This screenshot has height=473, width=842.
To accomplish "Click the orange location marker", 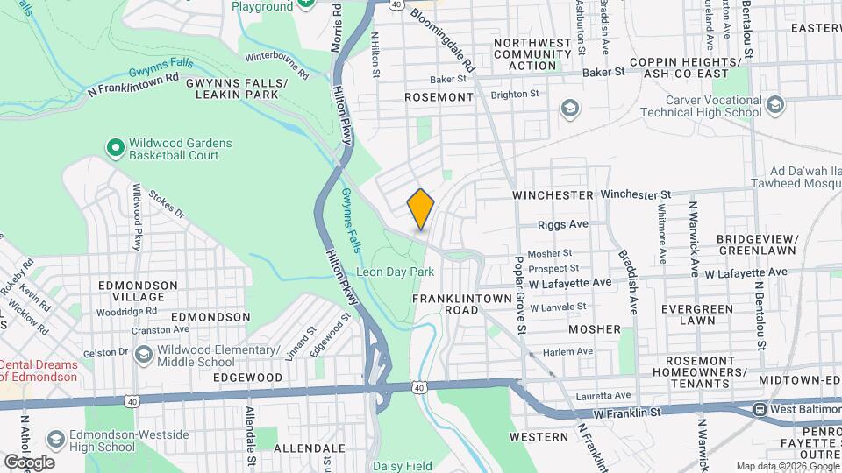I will point(421,209).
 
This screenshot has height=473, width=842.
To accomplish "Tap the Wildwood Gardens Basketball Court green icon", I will point(114,149).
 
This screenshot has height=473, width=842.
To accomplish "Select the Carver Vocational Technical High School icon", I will point(774,105).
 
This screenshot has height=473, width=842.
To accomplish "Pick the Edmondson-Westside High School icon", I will point(55,438).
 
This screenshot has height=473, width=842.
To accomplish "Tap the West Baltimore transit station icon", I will point(761,409).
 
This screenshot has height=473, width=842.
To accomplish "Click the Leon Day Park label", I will point(395,272).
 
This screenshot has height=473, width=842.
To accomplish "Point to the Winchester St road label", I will point(635,194).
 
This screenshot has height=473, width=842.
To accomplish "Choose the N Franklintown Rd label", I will point(127,89).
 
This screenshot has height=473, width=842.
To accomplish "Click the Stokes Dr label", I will point(166,204).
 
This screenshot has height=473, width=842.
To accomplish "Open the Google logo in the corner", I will point(28,462).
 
